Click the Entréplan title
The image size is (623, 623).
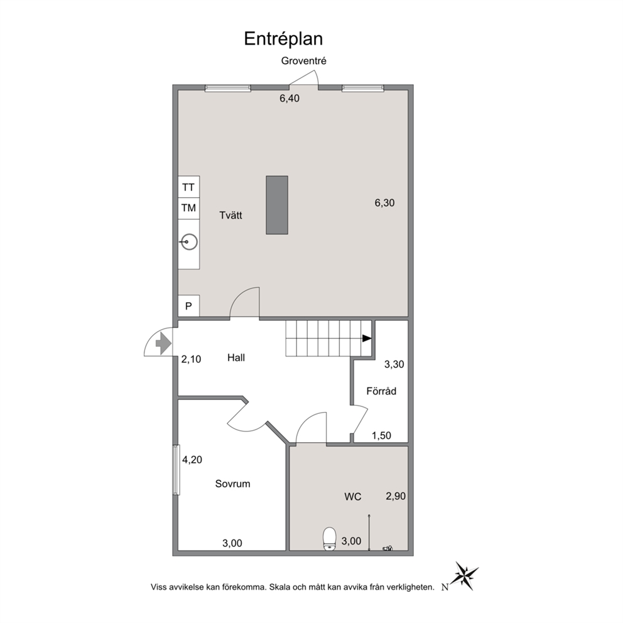[283, 40]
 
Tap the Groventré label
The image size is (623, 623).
[303, 61]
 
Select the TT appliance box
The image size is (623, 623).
[188, 187]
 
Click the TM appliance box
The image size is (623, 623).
[188, 208]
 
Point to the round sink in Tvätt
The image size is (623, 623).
[189, 242]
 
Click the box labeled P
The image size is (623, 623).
[188, 306]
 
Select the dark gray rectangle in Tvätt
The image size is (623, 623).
[277, 205]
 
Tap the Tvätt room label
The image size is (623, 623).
[231, 215]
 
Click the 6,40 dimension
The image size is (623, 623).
[290, 99]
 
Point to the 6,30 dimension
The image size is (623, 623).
[384, 203]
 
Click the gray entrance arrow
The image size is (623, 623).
[163, 343]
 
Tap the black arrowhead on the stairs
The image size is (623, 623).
[367, 339]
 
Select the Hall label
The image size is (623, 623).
[236, 357]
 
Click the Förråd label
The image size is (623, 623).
[381, 391]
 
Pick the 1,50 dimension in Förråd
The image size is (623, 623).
[381, 436]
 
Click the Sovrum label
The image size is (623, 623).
[233, 484]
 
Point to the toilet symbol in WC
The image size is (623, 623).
[329, 539]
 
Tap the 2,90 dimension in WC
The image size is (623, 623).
[396, 496]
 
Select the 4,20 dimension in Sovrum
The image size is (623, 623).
[192, 460]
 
